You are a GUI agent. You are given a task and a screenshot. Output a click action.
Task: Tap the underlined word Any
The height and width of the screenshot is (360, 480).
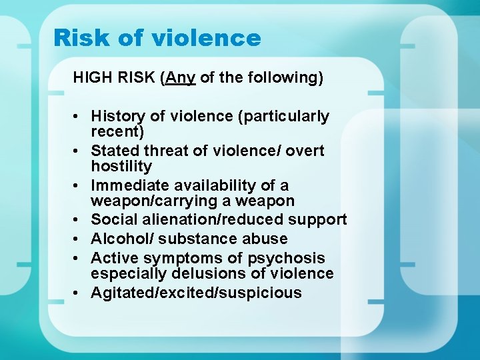[x=181, y=78]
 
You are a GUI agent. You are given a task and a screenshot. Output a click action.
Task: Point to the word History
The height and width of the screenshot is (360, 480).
[x=116, y=117]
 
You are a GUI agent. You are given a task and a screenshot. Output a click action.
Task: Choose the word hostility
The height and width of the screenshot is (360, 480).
[x=121, y=166]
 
